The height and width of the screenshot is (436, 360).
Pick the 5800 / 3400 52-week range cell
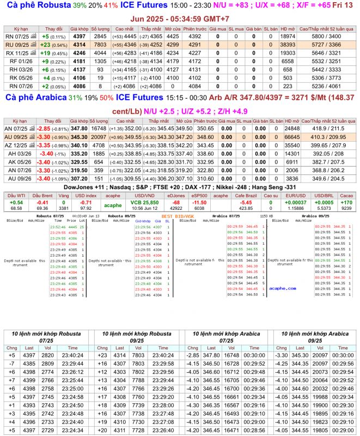(327, 36)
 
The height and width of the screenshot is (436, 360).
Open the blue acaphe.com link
(282, 288)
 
